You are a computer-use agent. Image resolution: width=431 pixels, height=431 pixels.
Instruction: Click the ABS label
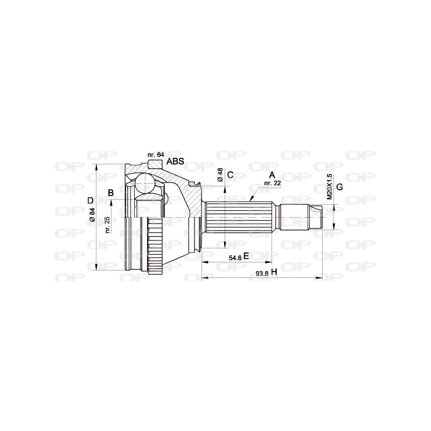[176, 161]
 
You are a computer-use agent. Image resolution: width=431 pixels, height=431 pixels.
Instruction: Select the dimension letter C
[230, 175]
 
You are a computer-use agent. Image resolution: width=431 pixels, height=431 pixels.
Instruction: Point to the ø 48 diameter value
[220, 175]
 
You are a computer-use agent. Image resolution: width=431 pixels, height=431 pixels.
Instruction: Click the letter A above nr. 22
[272, 175]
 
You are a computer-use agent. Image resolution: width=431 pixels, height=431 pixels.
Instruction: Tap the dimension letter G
[339, 187]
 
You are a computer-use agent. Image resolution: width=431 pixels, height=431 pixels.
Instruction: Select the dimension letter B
[110, 193]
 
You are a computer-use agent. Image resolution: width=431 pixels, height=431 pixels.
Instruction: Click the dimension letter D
[90, 201]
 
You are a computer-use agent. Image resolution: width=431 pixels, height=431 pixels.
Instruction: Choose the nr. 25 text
[107, 224]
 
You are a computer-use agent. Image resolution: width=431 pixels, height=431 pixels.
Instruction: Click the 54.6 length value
[235, 257]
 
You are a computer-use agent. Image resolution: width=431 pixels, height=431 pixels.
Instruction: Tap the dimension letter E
[246, 256]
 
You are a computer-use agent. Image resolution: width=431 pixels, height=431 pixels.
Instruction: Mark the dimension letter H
[274, 273]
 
